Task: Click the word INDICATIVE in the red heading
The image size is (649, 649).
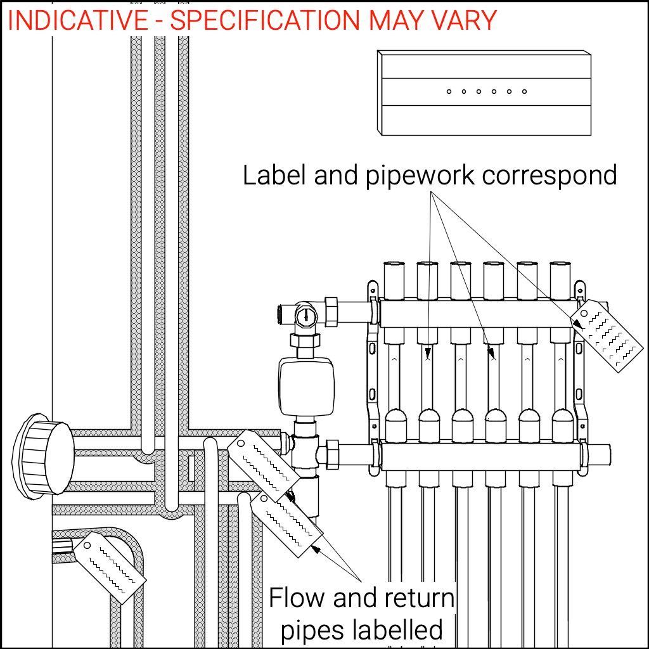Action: click(x=77, y=20)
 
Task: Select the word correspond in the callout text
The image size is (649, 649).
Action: click(x=549, y=175)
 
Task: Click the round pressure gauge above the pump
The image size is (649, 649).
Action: click(x=306, y=315)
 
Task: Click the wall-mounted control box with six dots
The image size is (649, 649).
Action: click(x=484, y=93)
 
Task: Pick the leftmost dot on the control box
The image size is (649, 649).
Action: click(x=449, y=92)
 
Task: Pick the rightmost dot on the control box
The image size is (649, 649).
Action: click(x=524, y=92)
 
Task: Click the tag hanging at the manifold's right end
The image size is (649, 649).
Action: click(x=607, y=336)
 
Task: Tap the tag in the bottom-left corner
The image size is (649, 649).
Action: click(x=110, y=567)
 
